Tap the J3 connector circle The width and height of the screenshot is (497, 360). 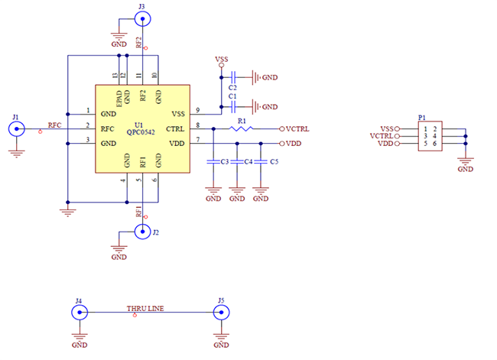point(142,18)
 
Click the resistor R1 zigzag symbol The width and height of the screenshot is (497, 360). point(241,129)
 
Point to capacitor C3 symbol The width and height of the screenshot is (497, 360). point(213,162)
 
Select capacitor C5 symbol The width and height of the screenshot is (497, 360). point(261,162)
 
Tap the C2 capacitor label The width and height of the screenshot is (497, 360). point(232,88)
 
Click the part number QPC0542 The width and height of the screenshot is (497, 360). point(141,132)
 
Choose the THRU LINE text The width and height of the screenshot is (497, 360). point(145,308)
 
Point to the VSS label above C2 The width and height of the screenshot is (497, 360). point(222,59)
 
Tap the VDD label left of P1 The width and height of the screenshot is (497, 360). point(386,144)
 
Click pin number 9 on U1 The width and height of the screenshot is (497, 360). point(197,110)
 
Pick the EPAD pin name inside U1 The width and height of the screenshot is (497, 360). point(119,96)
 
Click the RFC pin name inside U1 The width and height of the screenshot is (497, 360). point(107,128)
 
